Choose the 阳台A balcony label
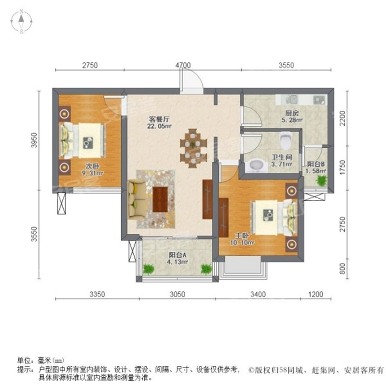coord(178,256)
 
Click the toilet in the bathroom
coord(286,140)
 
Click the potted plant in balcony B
coord(321,180)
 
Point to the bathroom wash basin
coord(256,165)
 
